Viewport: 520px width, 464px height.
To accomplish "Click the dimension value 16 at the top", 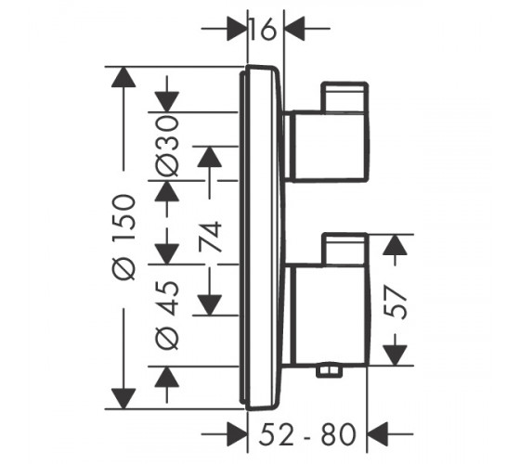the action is [263, 29].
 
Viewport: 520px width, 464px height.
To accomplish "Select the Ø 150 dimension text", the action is [124, 238].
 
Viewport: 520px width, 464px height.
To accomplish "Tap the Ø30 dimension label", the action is [167, 145].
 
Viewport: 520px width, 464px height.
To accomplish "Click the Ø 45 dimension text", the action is [167, 316].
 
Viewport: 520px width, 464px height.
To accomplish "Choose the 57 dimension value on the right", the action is [395, 303].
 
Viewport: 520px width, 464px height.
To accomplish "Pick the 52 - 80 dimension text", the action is [307, 434].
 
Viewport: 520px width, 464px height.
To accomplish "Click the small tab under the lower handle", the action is [329, 371].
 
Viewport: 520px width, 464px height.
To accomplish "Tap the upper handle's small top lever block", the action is [344, 97].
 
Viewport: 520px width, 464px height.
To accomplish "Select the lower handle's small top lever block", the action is [344, 250].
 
